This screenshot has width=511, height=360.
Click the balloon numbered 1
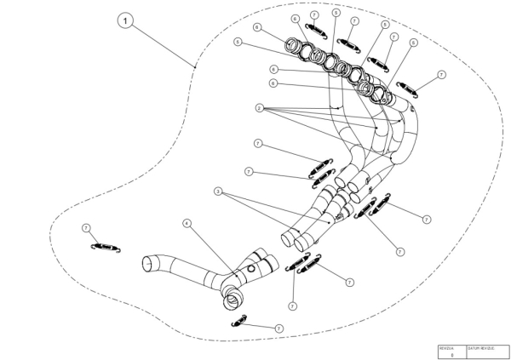point(127,20)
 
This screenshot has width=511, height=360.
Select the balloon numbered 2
point(257,109)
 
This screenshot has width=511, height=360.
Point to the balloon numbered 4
point(187,224)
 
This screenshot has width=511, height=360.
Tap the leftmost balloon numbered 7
point(86,228)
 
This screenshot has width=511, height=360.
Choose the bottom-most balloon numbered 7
point(278,328)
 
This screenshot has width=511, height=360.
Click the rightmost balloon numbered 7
point(441,76)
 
